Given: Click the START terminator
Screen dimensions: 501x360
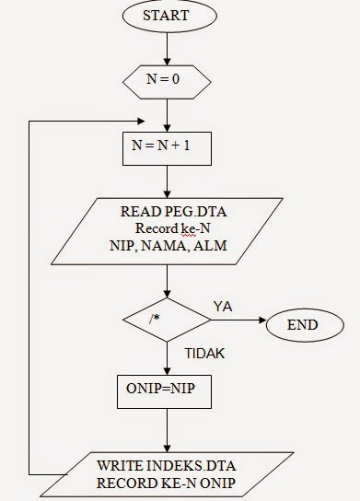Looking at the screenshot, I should [167, 16].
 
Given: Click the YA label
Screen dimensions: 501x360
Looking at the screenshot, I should [223, 305].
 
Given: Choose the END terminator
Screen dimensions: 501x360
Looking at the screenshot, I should [302, 325].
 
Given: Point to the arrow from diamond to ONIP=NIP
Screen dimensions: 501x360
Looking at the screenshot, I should [167, 357].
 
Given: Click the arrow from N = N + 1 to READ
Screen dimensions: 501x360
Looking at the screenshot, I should [167, 180].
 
